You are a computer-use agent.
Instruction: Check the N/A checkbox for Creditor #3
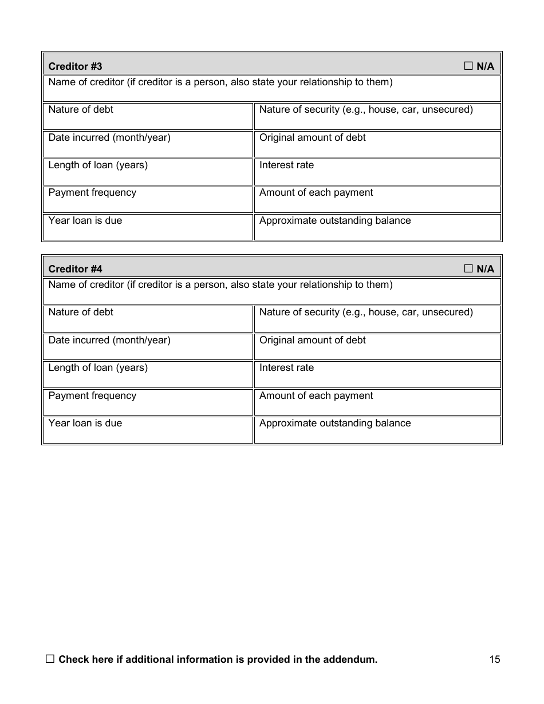[x=468, y=66]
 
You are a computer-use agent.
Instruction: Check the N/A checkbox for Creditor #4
[x=468, y=268]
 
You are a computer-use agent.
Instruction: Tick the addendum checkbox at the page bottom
[x=50, y=659]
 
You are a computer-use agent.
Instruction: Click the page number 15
[x=495, y=659]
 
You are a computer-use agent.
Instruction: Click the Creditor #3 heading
[x=75, y=66]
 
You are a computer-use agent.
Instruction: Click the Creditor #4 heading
[x=75, y=269]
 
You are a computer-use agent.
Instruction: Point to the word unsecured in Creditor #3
[x=447, y=110]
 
